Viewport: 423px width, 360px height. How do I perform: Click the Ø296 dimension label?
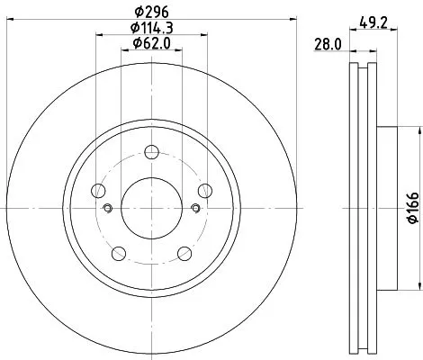pos(151,12)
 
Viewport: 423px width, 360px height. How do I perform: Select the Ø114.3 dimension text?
pos(151,27)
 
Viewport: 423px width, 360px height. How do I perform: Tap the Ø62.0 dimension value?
pos(151,42)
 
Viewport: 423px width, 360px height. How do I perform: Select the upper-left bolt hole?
pos(97,189)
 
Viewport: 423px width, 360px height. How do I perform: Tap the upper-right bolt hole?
pos(206,189)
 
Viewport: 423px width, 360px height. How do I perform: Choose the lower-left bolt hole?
pos(118,253)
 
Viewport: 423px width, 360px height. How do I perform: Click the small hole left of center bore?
pos(107,210)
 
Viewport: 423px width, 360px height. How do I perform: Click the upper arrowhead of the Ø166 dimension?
pos(418,131)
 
